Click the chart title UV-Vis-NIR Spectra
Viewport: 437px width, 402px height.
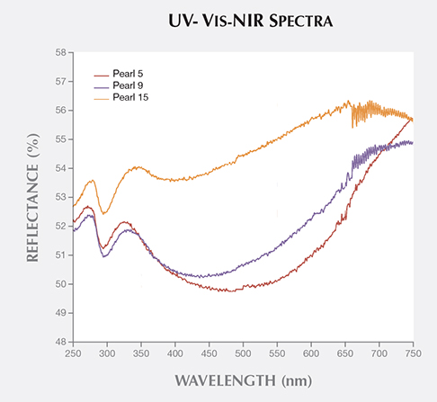click(x=218, y=21)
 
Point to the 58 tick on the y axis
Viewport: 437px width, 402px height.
click(x=61, y=52)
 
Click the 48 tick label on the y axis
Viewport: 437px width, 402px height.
click(x=61, y=342)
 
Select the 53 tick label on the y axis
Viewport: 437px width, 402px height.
click(x=61, y=197)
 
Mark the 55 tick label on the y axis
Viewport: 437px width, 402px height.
click(x=61, y=139)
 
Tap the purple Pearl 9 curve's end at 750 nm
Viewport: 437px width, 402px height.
click(x=412, y=143)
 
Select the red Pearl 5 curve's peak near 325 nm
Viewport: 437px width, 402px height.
click(x=124, y=221)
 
